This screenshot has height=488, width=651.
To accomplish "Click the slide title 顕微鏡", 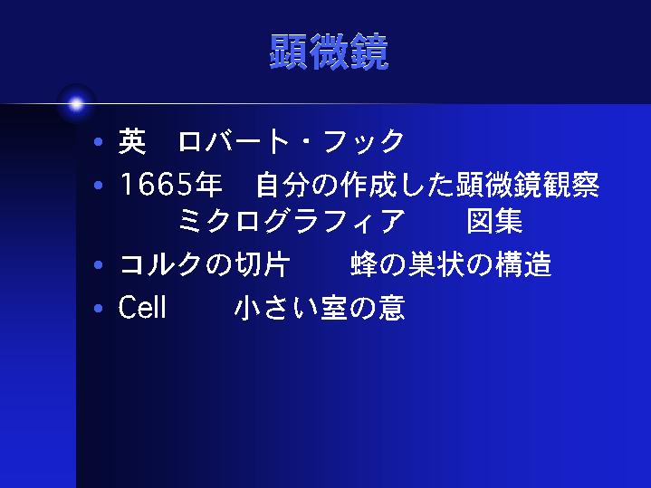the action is click(x=329, y=52).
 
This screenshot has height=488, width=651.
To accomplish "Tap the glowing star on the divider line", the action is click(x=76, y=104).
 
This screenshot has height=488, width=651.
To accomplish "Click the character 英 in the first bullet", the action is click(x=132, y=141).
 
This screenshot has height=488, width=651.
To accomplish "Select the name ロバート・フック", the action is click(x=291, y=141).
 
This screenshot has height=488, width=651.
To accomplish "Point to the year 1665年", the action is click(x=170, y=185).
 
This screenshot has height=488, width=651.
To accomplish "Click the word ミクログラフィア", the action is click(x=292, y=221).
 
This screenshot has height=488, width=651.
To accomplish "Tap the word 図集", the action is click(x=494, y=221).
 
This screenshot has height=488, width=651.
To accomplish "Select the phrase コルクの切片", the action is click(x=205, y=264).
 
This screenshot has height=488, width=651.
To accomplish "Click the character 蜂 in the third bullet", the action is click(x=364, y=264).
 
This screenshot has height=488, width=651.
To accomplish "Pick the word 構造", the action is click(x=523, y=264).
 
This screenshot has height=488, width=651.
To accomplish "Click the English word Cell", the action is click(x=142, y=307).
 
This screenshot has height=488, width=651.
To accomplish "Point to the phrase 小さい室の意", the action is click(x=320, y=308).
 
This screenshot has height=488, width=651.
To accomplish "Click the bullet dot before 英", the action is click(x=99, y=142).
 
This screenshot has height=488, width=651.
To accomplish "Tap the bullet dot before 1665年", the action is click(x=99, y=185).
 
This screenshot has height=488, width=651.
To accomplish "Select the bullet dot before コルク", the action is click(x=99, y=264).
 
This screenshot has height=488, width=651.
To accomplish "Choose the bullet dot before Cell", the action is click(x=99, y=308).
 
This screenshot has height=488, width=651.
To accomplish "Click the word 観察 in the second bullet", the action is click(x=571, y=185).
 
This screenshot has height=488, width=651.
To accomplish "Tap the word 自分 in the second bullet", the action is click(x=283, y=185).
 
